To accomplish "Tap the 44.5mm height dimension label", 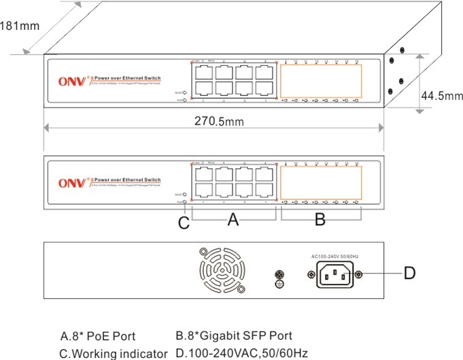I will click(x=441, y=96).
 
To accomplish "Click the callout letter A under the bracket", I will click(x=233, y=220).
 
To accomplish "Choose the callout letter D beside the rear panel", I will click(x=409, y=274).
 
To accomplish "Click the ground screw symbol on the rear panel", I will click(x=277, y=276).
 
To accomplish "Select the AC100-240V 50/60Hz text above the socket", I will click(x=335, y=255).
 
